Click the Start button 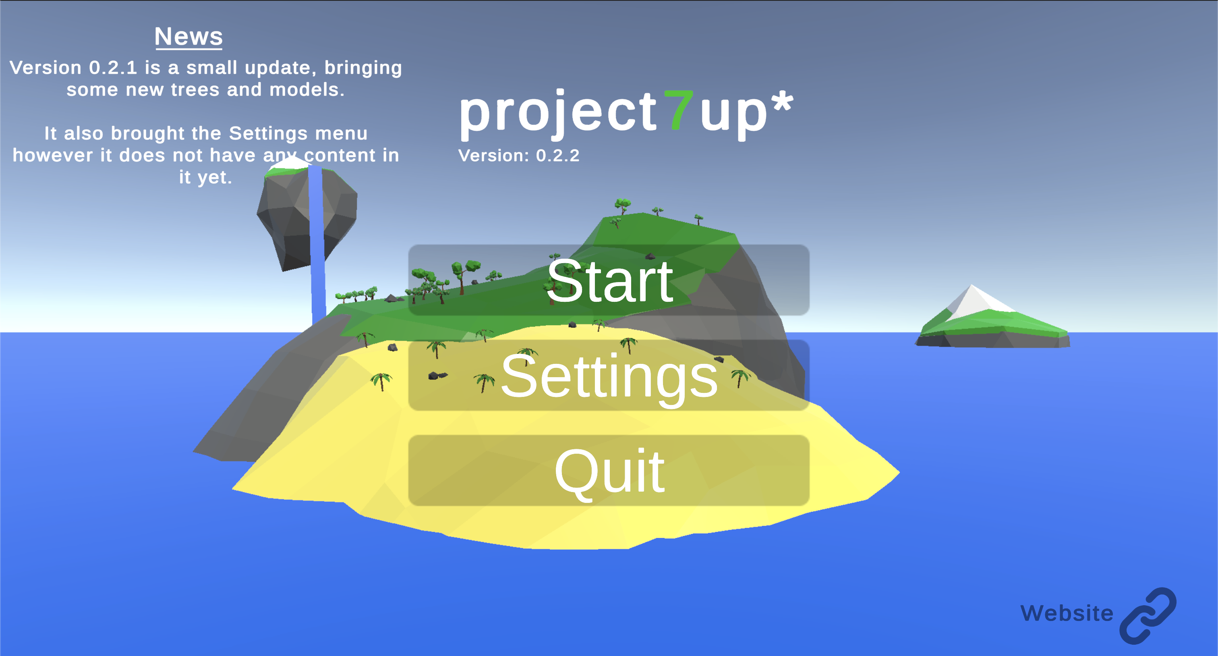click(x=609, y=280)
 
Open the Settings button click(x=609, y=375)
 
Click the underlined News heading click(x=188, y=37)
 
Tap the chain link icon click(x=1148, y=615)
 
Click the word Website click(x=1067, y=613)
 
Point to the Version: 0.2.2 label click(x=519, y=156)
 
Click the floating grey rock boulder click(x=307, y=215)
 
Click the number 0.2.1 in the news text click(x=113, y=68)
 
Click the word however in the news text click(x=52, y=156)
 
